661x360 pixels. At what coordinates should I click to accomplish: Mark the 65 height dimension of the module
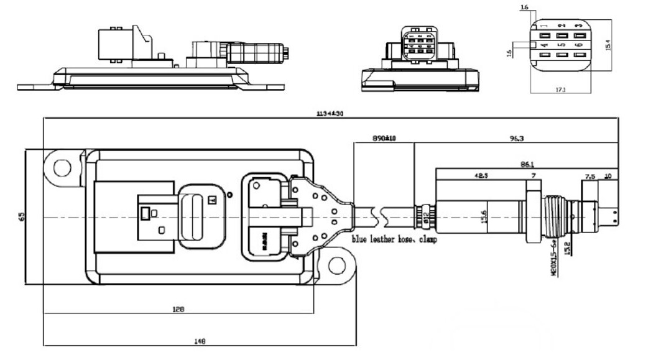[x=21, y=217]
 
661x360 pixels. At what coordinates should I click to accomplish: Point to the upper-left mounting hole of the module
[x=62, y=167]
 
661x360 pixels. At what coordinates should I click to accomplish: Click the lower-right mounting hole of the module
[x=337, y=265]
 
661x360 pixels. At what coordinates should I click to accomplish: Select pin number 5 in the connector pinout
[x=562, y=45]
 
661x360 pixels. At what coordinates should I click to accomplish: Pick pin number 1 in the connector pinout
[x=543, y=25]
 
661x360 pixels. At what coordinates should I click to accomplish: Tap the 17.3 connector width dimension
[x=561, y=90]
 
